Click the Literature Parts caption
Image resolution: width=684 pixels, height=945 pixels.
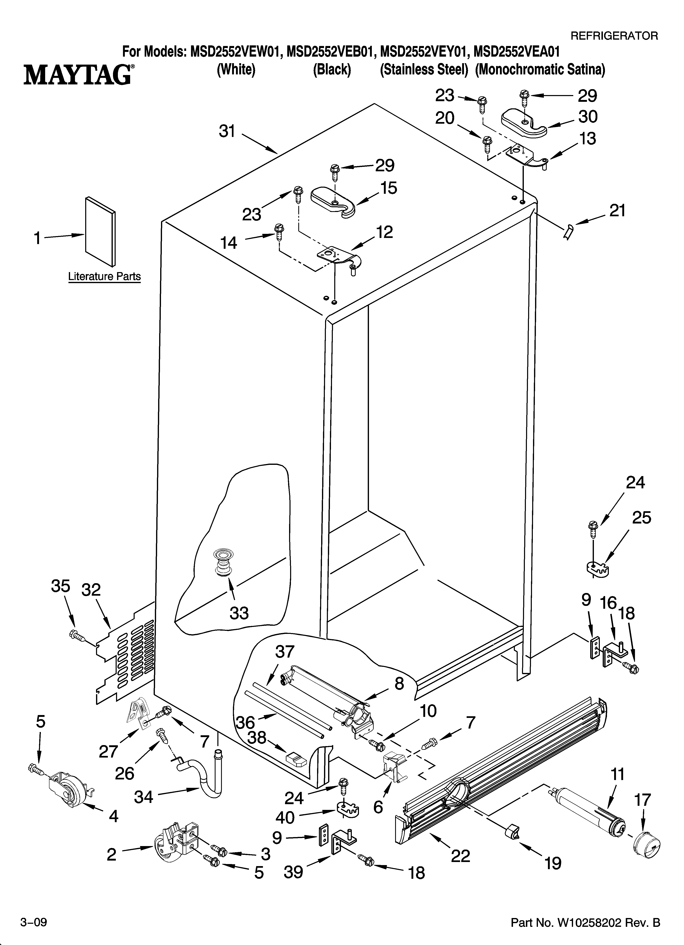click(104, 276)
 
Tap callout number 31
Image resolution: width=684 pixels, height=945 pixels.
click(227, 132)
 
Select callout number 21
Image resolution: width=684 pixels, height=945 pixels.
click(617, 211)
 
